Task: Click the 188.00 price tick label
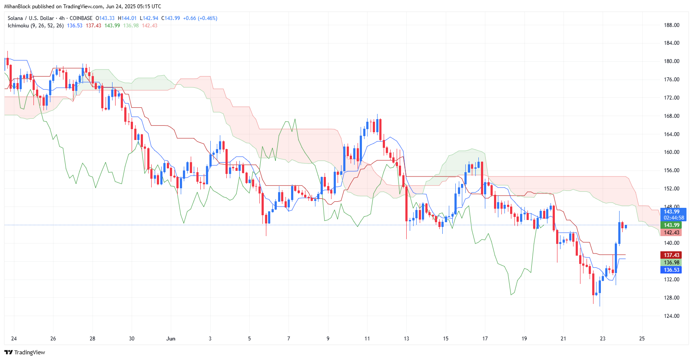(671, 25)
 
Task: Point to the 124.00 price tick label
(671, 316)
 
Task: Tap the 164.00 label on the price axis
(671, 134)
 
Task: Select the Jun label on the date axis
(171, 339)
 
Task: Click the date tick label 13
(406, 339)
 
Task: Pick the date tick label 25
(642, 339)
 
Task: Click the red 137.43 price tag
(671, 255)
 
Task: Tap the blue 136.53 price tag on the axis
(671, 270)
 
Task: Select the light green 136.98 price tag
(671, 263)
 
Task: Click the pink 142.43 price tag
(671, 233)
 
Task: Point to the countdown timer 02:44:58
(673, 218)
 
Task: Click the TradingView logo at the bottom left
(25, 352)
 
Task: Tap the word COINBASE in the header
(81, 18)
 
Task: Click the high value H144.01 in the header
(127, 18)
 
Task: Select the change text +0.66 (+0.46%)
(200, 18)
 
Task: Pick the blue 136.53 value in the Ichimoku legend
(75, 26)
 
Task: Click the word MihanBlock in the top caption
(17, 7)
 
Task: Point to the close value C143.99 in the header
(170, 18)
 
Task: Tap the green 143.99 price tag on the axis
(671, 225)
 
